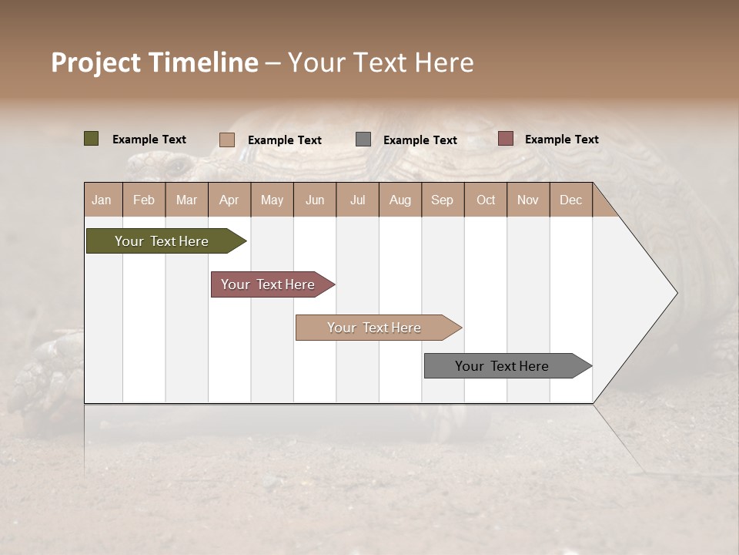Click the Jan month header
click(102, 200)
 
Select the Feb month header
click(144, 200)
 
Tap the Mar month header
click(186, 200)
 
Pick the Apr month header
click(229, 200)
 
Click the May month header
click(272, 200)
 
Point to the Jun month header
click(315, 200)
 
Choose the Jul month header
click(357, 200)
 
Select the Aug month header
click(400, 200)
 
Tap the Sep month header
click(443, 200)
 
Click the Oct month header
click(486, 200)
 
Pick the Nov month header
click(528, 200)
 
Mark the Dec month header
click(571, 200)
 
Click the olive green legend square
click(92, 139)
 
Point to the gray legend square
click(363, 140)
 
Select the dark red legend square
click(505, 139)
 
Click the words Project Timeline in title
click(155, 62)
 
